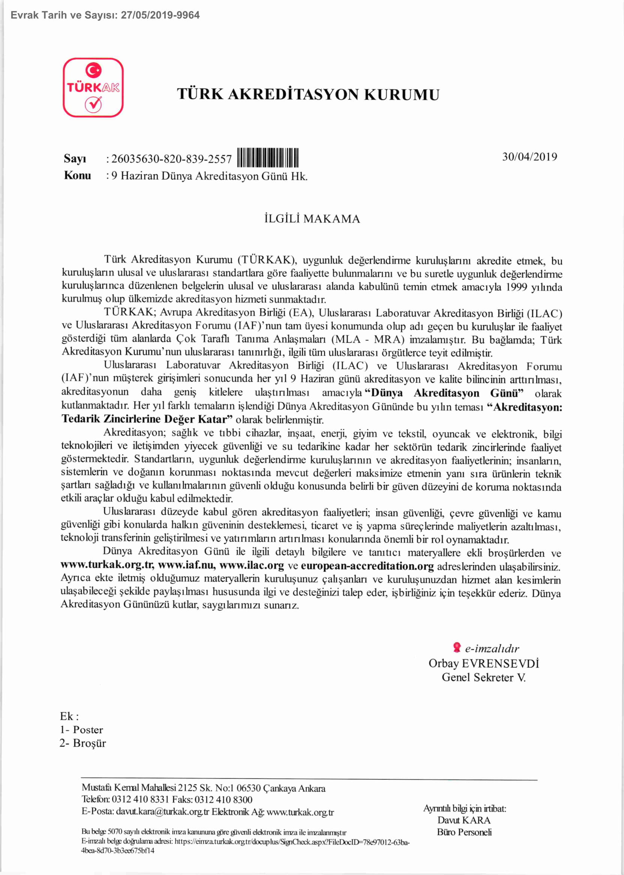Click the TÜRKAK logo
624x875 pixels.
[93, 88]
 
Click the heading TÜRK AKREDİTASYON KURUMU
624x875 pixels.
[308, 94]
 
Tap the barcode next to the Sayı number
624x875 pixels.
[268, 158]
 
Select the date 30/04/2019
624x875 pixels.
[529, 157]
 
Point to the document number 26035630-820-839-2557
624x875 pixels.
[171, 159]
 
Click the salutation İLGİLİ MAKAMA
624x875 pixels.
[312, 219]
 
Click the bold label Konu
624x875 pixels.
[77, 175]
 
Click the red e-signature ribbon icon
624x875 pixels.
[456, 647]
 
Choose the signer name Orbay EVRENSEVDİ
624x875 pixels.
[483, 663]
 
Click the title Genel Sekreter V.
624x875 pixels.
[483, 677]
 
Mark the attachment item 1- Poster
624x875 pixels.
[81, 730]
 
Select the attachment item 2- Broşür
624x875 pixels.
[82, 743]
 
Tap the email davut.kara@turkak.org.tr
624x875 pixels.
[162, 812]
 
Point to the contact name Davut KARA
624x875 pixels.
[463, 820]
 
